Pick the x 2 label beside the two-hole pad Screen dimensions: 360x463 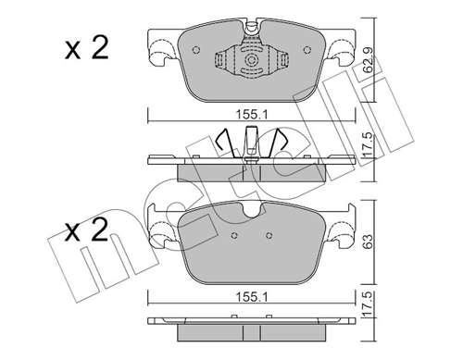[88, 230]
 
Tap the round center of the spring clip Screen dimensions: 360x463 [252, 61]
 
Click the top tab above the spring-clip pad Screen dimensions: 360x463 [251, 29]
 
